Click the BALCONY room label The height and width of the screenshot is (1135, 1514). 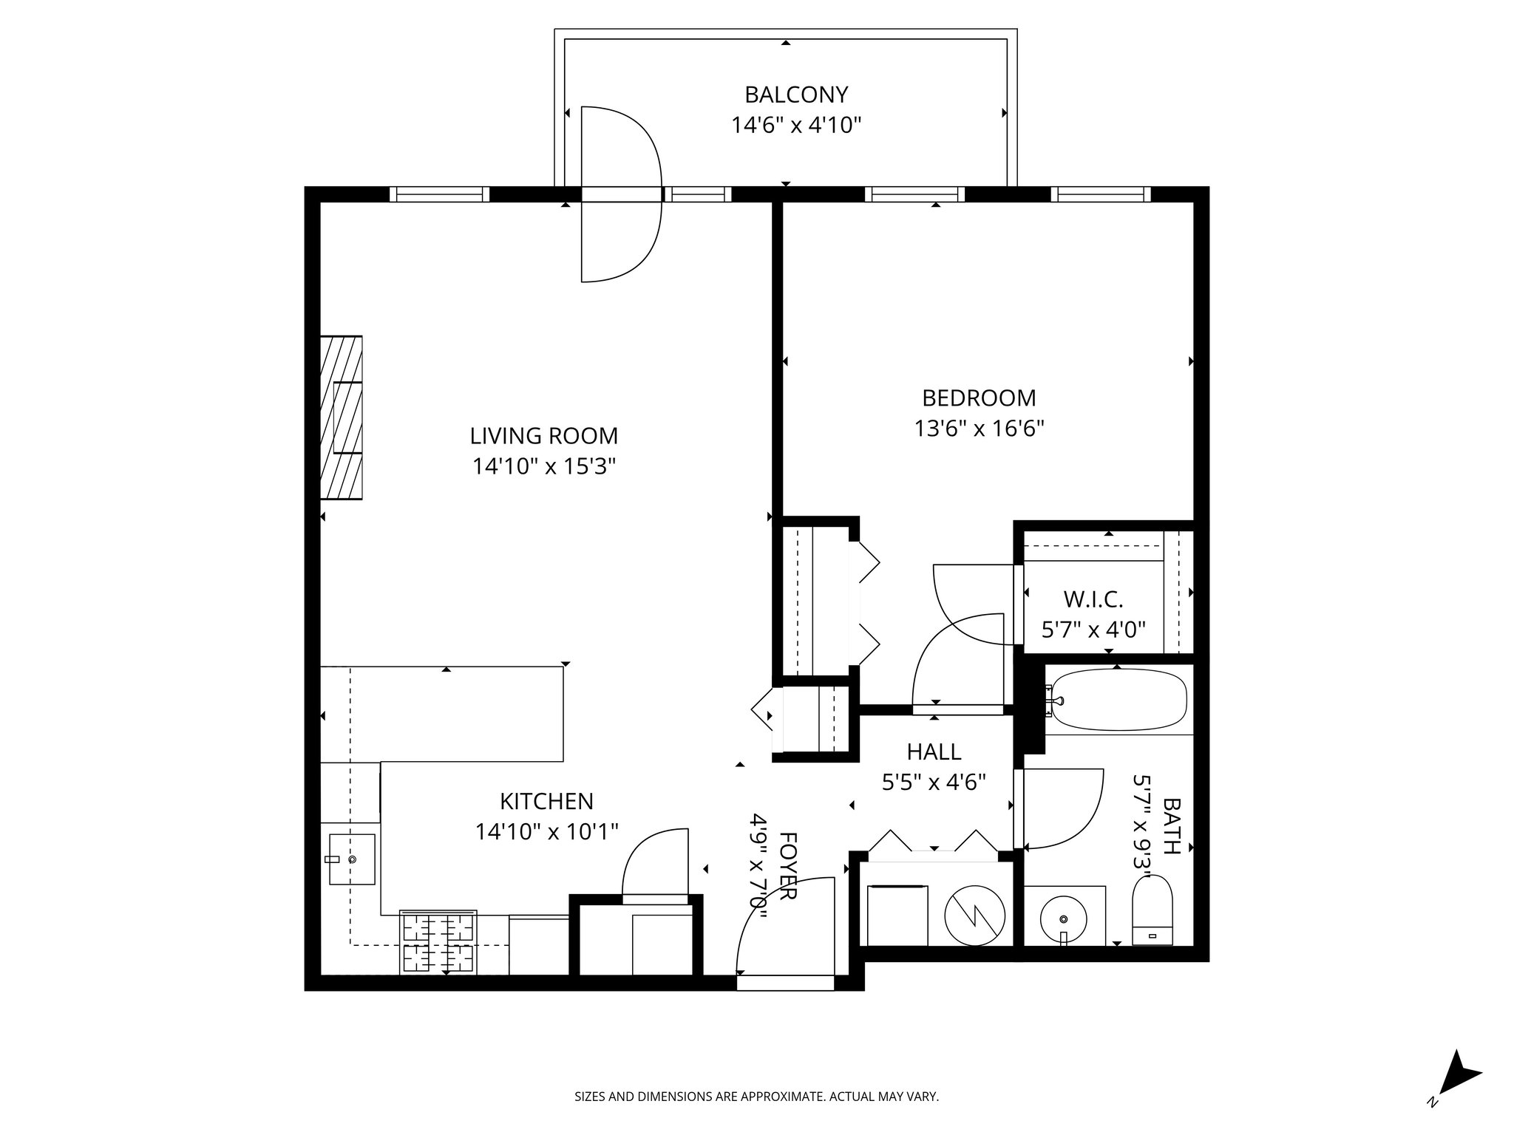pyautogui.click(x=795, y=95)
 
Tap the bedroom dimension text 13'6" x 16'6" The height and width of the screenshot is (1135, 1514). pyautogui.click(x=979, y=429)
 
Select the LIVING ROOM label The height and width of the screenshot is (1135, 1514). pyautogui.click(x=543, y=436)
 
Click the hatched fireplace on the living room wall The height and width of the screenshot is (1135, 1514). pyautogui.click(x=342, y=417)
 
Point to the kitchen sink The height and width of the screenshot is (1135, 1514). pyautogui.click(x=352, y=859)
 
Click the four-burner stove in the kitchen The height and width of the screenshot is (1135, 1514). pyautogui.click(x=438, y=942)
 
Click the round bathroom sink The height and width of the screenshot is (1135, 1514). pyautogui.click(x=1063, y=919)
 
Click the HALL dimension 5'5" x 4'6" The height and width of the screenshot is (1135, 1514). pyautogui.click(x=934, y=782)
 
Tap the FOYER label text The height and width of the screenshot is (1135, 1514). pyautogui.click(x=788, y=866)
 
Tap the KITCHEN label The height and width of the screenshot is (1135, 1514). pyautogui.click(x=546, y=801)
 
